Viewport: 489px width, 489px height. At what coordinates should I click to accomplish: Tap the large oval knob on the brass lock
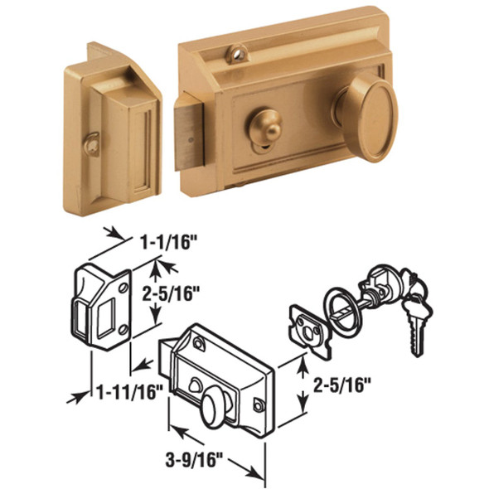[x=367, y=112]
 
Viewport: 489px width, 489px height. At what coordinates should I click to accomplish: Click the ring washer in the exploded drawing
[x=341, y=306]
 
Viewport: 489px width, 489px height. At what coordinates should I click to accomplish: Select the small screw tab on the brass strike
[x=92, y=143]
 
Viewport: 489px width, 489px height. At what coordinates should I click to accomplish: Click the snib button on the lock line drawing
[x=196, y=382]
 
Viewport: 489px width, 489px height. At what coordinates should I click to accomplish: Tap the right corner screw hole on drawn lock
[x=258, y=405]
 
